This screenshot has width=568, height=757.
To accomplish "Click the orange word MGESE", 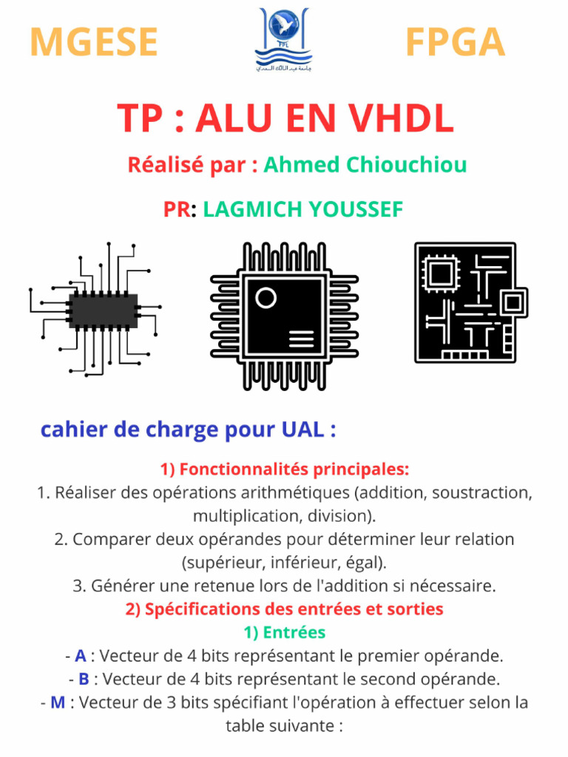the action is click(x=94, y=42).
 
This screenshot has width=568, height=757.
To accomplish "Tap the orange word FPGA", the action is click(x=455, y=42).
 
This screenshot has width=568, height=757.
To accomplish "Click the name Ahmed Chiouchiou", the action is click(x=365, y=164).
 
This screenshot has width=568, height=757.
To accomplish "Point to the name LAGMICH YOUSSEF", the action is click(x=303, y=210).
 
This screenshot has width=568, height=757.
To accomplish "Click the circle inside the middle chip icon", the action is click(x=266, y=297).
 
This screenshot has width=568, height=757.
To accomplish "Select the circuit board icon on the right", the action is click(x=470, y=302).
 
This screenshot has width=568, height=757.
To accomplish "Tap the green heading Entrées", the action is click(x=294, y=633).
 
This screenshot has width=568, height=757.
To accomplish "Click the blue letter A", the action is click(x=81, y=656).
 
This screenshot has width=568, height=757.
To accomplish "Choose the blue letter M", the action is click(x=58, y=702).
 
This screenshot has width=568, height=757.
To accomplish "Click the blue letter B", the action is click(x=84, y=679).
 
